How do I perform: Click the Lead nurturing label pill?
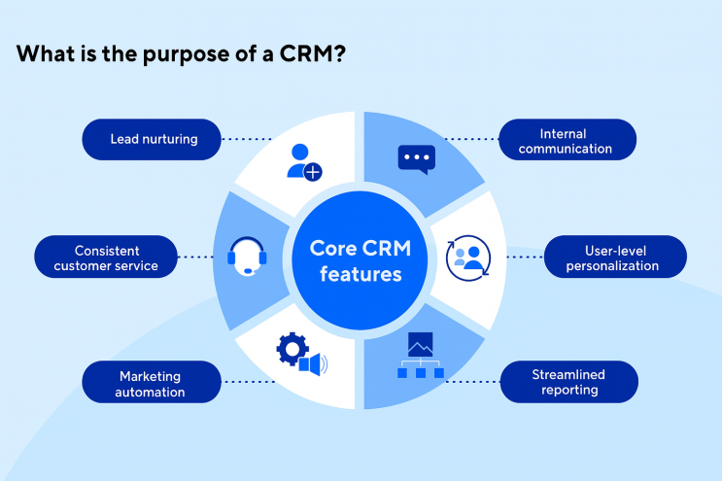153,139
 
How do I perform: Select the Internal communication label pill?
568,140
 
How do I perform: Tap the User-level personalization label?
615,258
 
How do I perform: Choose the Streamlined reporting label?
568,382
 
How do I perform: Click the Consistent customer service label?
104,258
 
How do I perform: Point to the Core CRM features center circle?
361,261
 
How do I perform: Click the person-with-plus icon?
303,161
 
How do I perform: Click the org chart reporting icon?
420,357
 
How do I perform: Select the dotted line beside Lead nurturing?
249,139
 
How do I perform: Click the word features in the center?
361,275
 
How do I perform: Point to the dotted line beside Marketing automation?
249,382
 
